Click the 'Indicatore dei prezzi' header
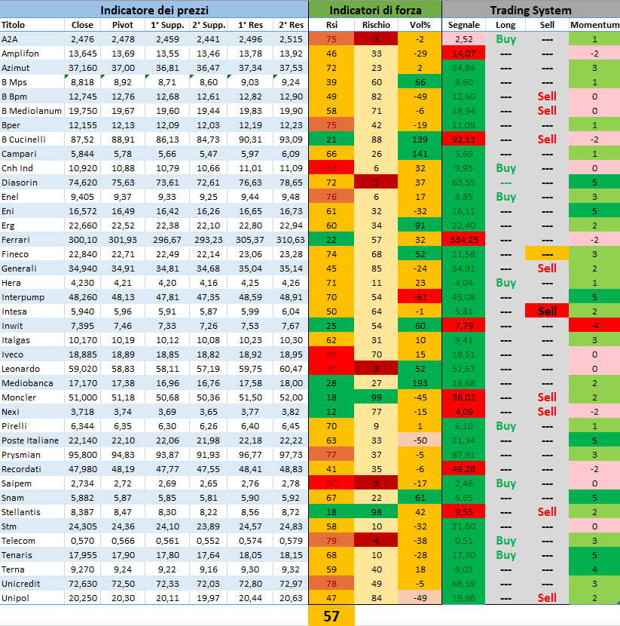154,11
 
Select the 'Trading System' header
530,11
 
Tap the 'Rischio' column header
376,25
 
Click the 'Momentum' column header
594,25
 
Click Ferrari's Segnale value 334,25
464,240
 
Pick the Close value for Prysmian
83,455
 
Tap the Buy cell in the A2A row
506,39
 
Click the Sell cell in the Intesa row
547,311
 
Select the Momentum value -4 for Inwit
594,326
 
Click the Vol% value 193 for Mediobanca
420,383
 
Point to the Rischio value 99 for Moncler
376,397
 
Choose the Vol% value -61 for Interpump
420,297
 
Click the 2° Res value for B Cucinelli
290,140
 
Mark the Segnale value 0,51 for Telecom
464,541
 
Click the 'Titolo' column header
13,25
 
